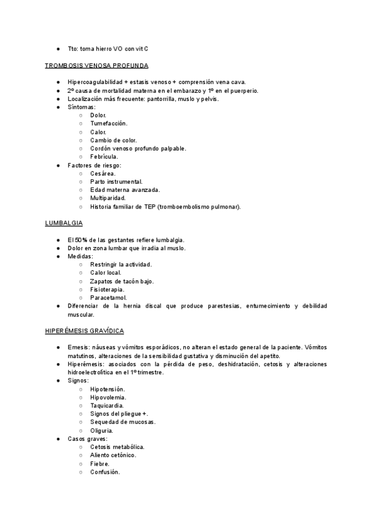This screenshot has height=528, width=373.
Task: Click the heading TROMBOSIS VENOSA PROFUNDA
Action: click(96, 65)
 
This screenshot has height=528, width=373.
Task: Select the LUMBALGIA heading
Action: click(64, 223)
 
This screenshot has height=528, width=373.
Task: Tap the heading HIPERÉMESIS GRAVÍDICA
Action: click(85, 330)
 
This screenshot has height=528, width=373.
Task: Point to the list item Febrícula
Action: click(104, 157)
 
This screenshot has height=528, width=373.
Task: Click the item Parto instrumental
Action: click(116, 181)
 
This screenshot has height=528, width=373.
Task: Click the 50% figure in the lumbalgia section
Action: click(81, 240)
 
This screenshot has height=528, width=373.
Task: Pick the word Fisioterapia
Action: click(107, 289)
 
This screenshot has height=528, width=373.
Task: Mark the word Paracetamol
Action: click(108, 298)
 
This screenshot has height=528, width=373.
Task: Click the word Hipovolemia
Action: click(108, 397)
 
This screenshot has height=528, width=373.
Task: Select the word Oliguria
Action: click(101, 430)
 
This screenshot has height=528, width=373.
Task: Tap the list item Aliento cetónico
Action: click(113, 455)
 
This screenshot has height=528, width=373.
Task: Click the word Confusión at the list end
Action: click(104, 472)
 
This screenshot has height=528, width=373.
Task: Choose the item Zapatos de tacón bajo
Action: click(122, 281)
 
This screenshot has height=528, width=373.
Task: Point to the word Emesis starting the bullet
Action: click(78, 347)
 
